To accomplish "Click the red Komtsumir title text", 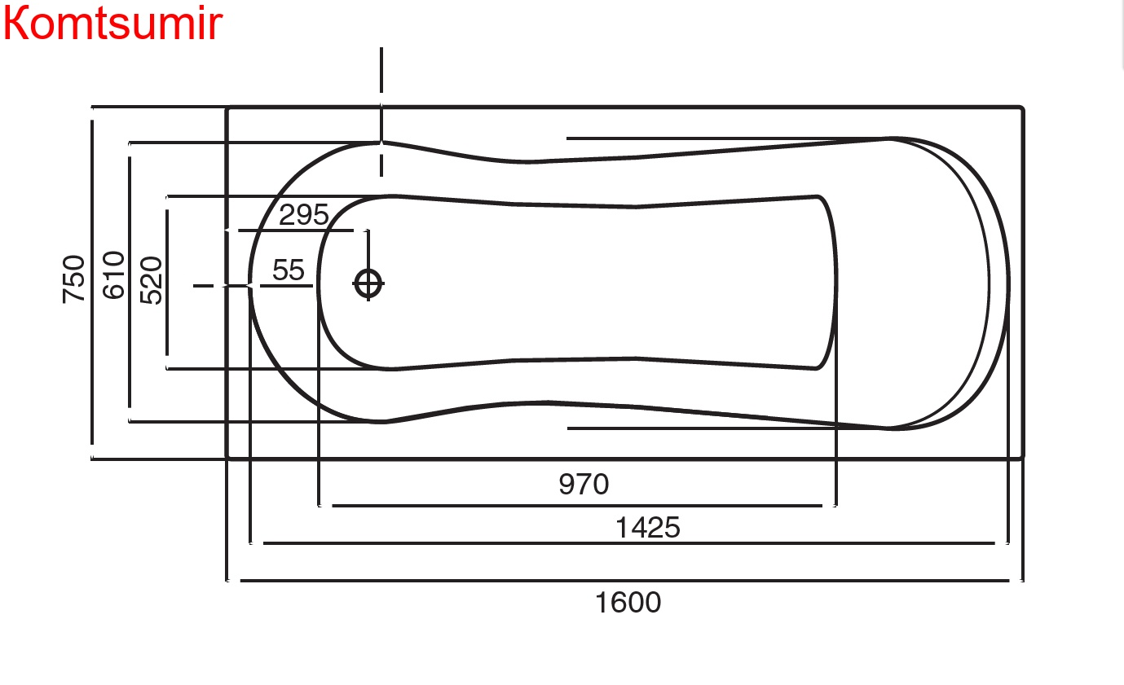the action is (x=112, y=23).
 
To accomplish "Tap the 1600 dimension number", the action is (x=628, y=602).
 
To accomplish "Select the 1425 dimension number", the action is (x=647, y=528).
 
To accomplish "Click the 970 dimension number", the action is (x=584, y=484).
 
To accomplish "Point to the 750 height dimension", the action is (x=73, y=279).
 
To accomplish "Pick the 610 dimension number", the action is (x=113, y=275).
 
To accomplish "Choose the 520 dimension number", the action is (x=151, y=281).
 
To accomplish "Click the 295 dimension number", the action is (x=303, y=215).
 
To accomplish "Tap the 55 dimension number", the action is (x=288, y=270).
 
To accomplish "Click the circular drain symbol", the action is (x=368, y=283).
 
